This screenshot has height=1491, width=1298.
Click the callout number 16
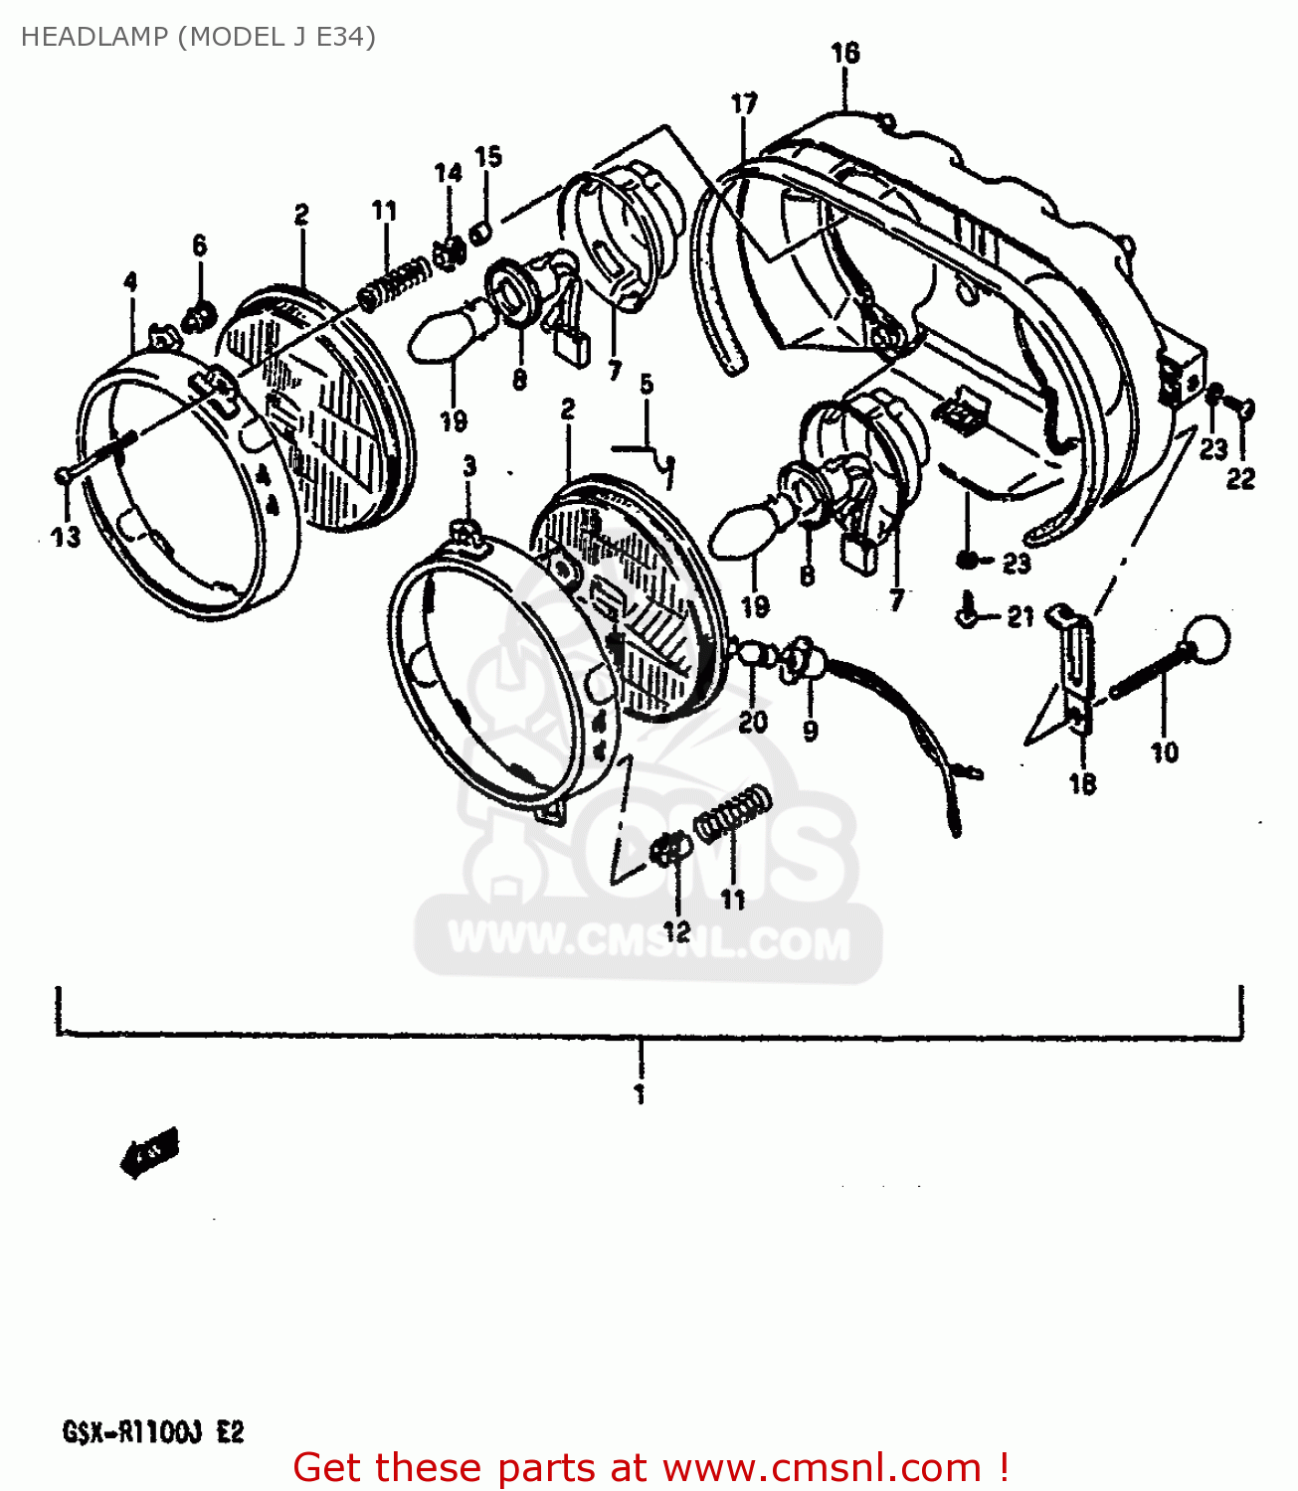point(845,54)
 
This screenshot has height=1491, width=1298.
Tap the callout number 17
point(744,103)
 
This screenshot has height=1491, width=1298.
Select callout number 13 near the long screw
point(66,538)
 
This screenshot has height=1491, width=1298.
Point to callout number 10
point(1165,752)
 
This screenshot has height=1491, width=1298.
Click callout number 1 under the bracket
point(640,1094)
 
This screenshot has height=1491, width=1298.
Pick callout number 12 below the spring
point(676,931)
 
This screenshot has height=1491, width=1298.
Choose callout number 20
point(753,721)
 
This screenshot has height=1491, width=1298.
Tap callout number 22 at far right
point(1240,479)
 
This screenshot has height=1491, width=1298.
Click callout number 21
point(1020,617)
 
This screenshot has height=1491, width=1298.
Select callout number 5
point(647,385)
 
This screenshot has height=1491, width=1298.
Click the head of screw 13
point(63,476)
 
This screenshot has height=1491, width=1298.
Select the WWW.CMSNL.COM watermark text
point(649,941)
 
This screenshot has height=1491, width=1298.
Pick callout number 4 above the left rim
point(130,282)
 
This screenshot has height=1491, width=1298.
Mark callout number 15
point(488,157)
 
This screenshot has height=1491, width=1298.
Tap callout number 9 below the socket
point(811,732)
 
